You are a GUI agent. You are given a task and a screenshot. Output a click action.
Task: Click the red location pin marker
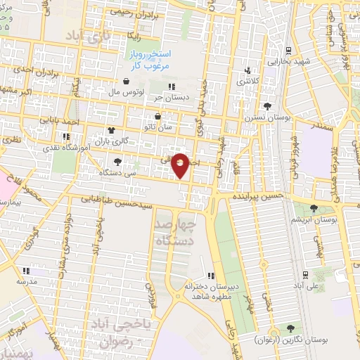[x=181, y=165]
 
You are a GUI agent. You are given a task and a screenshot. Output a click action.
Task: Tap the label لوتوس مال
[x=127, y=92]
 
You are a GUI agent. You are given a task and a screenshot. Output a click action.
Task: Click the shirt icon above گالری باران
[x=111, y=130]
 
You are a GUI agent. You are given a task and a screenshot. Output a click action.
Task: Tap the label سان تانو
[x=158, y=127]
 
